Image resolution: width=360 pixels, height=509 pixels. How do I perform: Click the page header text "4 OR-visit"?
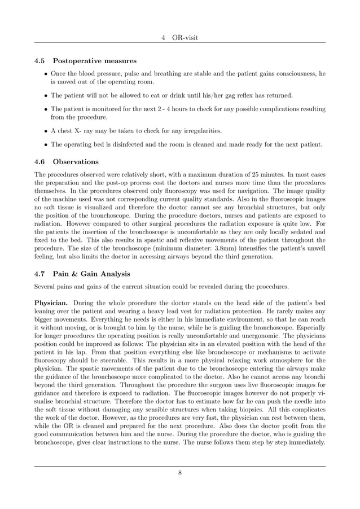[180, 37]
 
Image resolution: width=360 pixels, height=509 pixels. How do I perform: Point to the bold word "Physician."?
[51, 302]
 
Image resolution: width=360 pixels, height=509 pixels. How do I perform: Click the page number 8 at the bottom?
[180, 473]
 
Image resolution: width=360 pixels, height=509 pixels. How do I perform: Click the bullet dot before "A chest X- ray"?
[45, 131]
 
